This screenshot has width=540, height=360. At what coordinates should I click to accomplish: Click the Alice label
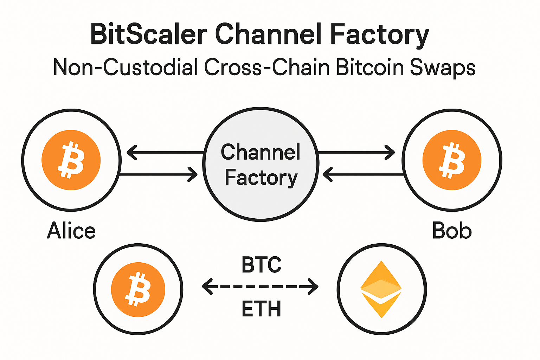71,231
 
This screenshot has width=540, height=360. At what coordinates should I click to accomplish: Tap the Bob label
452,231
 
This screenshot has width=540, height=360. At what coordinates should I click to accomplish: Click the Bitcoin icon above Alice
71,160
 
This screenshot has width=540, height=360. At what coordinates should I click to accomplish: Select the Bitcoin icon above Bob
452,160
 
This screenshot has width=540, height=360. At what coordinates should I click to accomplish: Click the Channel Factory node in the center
261,165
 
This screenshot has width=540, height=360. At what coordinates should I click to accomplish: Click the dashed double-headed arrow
260,287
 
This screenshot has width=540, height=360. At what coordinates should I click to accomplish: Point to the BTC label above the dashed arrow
262,265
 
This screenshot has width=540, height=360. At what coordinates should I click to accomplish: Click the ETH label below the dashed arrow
261,309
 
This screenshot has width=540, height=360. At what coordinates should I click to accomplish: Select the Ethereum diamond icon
381,289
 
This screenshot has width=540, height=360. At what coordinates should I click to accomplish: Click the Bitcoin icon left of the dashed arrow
138,289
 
